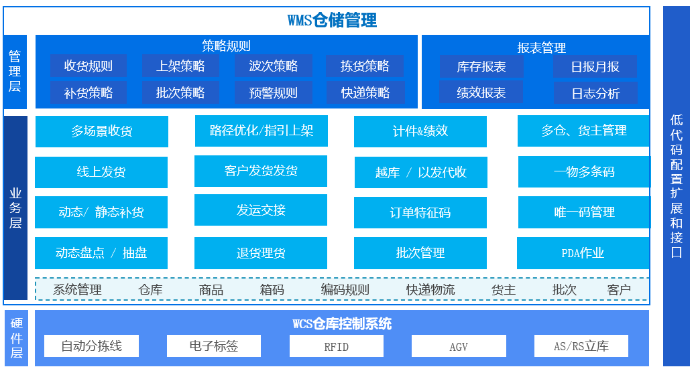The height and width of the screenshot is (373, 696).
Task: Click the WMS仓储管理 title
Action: tap(332, 20)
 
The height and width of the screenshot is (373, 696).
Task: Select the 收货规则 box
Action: tap(89, 66)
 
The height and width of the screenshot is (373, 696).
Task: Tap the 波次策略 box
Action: tap(273, 66)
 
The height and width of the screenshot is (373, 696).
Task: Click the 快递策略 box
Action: tap(365, 93)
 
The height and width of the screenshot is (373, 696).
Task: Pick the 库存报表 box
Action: tap(481, 67)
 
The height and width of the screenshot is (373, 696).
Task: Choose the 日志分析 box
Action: tap(595, 94)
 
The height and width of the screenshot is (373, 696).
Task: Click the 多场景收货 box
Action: tap(102, 131)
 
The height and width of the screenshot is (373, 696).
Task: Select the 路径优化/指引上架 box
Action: tap(262, 131)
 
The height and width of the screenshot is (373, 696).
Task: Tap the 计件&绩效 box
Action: tap(420, 131)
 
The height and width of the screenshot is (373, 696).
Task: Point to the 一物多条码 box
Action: tap(584, 172)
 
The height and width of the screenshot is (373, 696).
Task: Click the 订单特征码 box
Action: tap(420, 213)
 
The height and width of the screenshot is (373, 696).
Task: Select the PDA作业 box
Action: tap(583, 253)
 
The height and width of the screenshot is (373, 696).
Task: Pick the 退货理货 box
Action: tap(261, 253)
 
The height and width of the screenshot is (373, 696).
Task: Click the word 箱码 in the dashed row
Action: tap(272, 290)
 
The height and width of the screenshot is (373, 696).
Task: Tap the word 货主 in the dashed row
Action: tap(504, 290)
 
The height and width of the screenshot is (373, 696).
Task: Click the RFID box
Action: tap(337, 346)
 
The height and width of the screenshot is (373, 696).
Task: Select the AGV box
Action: tap(459, 346)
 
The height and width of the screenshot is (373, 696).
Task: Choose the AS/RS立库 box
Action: tap(581, 346)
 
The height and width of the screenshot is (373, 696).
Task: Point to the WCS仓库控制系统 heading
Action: tap(342, 324)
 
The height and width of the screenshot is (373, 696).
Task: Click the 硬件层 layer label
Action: tap(17, 338)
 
